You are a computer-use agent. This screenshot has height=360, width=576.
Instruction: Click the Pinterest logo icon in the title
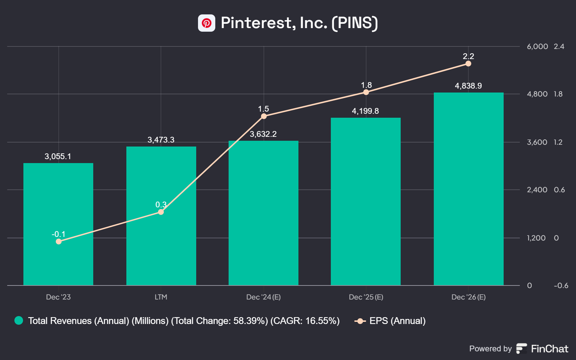pos(207,23)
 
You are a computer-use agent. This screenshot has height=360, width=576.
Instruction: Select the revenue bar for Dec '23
pos(58,224)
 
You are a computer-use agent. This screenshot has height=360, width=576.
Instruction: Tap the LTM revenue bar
pos(161,216)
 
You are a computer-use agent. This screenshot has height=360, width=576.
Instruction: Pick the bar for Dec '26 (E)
pos(468,189)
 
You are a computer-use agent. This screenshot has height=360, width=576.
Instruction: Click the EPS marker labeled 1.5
pos(264,116)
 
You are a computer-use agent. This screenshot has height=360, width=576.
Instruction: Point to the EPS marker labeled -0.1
pos(59,242)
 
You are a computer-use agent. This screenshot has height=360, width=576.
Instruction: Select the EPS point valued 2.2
pos(468,63)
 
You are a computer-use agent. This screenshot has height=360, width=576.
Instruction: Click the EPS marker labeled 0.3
pos(161,212)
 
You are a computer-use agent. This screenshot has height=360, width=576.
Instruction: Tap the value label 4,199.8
pos(365,111)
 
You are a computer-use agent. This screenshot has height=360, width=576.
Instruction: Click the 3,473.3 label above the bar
pos(161,140)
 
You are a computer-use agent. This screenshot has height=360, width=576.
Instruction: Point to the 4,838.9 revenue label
pos(468,86)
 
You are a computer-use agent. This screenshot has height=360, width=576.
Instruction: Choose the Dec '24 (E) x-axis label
pos(264,297)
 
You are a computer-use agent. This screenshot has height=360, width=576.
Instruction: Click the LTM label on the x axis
pos(161,297)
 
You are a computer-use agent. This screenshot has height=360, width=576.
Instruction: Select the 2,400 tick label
pos(537,190)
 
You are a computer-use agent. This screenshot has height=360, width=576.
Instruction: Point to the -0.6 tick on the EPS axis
pos(561,285)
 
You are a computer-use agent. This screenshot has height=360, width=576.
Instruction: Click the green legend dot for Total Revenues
pos(19,321)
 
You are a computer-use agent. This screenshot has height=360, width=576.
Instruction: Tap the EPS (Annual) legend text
pos(397,321)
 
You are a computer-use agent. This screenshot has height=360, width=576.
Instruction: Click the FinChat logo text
pos(550,349)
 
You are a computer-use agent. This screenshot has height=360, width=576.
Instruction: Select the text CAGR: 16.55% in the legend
pos(305,321)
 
